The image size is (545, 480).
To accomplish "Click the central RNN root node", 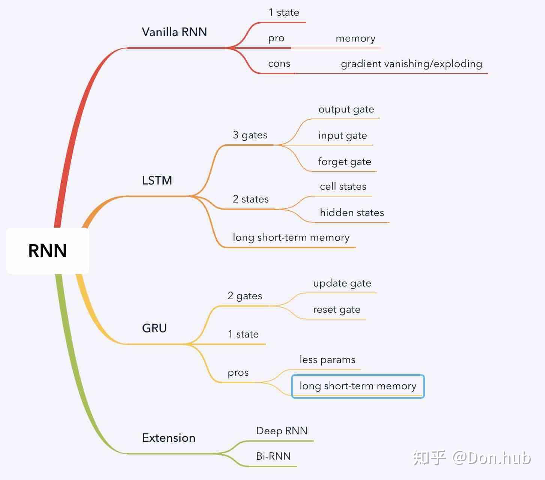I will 48,250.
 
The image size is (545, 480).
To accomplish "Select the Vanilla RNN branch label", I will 174,32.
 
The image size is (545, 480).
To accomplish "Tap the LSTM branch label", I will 157,181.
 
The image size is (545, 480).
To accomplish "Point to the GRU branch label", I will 154,328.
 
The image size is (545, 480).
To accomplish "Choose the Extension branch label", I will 169,438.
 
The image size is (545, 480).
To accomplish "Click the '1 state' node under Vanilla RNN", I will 284,13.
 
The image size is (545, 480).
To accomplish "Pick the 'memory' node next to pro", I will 355,39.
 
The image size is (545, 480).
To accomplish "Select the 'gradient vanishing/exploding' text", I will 411,64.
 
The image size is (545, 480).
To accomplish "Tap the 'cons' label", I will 279,64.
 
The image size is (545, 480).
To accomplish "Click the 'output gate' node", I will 346,109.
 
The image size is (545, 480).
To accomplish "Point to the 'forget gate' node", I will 345,162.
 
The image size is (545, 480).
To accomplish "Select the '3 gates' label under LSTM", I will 250,135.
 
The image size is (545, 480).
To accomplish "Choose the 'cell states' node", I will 343,186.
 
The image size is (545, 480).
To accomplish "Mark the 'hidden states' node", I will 352,213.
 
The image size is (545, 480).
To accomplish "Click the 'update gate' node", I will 342,283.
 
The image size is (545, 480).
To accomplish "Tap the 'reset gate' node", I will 337,310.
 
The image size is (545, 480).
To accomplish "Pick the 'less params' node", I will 327,360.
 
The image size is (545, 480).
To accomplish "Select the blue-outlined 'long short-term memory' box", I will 358,386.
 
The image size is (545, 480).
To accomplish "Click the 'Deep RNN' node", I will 282,431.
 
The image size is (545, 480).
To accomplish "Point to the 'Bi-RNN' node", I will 273,456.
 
